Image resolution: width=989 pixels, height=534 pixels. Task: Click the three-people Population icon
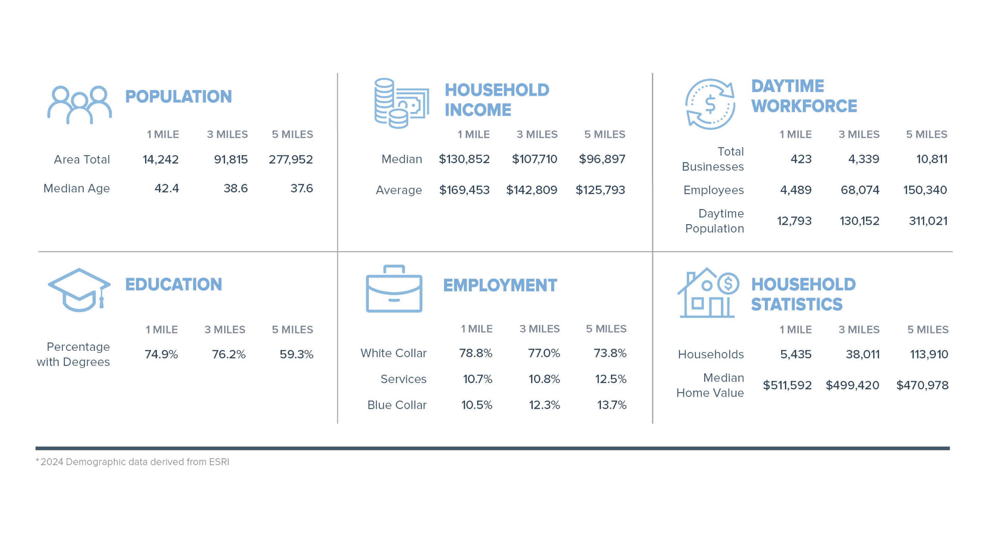79,104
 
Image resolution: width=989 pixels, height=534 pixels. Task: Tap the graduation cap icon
79,290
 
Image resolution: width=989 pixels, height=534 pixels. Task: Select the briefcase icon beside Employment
394,289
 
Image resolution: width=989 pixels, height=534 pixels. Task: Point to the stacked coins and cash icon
401,103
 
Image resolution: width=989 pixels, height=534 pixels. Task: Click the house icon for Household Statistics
707,293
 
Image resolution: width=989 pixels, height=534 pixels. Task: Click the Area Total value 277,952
291,159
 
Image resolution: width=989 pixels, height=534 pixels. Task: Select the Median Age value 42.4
166,189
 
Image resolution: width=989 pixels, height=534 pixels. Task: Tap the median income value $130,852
464,159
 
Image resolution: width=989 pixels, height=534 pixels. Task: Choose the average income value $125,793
600,190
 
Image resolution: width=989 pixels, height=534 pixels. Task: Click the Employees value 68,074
860,190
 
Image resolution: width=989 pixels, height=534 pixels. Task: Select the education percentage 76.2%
228,354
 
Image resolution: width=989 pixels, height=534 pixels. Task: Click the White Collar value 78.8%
475,353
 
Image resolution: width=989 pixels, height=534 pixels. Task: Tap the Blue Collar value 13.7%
612,405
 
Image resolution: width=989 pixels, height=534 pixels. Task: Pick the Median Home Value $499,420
852,385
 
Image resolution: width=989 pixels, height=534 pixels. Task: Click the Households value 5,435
795,354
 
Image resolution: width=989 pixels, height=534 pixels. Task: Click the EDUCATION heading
173,284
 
